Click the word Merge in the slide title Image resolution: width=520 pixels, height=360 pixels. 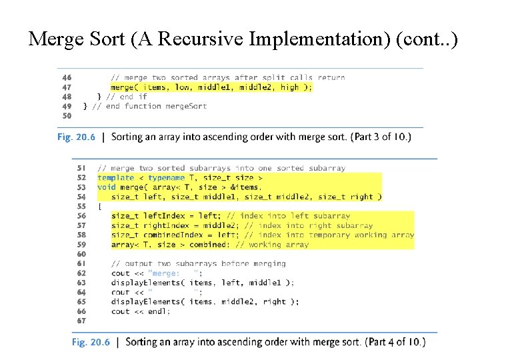[55, 40]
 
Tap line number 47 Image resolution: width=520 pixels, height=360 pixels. [67, 87]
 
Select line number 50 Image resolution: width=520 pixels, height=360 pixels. [67, 115]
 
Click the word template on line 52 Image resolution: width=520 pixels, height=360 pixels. [115, 178]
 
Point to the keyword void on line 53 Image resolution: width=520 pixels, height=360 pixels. [106, 187]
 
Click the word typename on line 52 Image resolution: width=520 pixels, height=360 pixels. [166, 178]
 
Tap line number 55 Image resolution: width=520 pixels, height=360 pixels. [81, 207]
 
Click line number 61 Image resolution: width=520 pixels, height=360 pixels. [81, 263]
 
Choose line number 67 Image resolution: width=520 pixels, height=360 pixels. [81, 321]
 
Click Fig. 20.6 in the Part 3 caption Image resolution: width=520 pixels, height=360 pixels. [75, 137]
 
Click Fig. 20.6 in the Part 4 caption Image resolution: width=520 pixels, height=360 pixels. [91, 342]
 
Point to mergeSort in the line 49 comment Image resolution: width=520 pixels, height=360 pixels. [185, 106]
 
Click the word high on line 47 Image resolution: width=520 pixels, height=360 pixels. [289, 87]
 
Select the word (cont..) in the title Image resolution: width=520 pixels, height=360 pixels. [427, 40]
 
